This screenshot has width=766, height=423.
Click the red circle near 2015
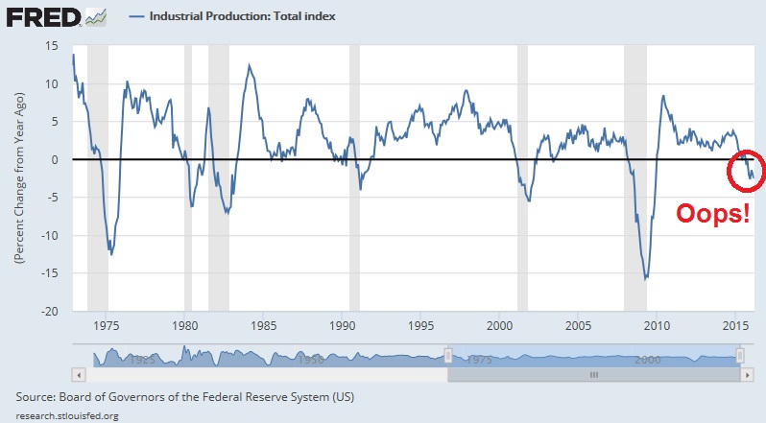(x=745, y=170)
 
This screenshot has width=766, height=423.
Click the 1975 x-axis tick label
(x=108, y=326)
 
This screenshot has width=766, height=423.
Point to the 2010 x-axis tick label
(x=658, y=326)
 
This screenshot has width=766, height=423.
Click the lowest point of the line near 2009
(x=646, y=278)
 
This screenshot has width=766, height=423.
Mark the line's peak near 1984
(x=250, y=65)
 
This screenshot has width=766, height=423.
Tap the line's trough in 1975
(x=111, y=254)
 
